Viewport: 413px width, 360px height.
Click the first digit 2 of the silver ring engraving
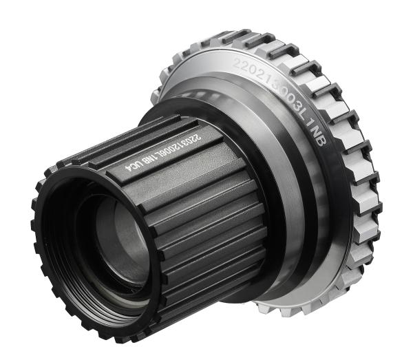(x=239, y=65)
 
